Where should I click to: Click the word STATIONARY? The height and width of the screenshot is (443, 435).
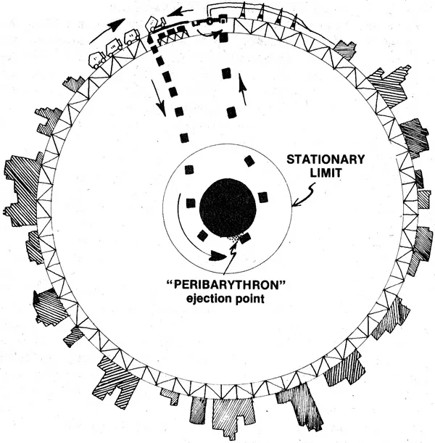coord(326,160)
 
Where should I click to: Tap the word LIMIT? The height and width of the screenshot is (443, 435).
coord(326,173)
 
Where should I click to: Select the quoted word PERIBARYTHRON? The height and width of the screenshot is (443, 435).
coord(225,285)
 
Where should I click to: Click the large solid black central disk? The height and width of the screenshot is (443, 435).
coord(228,209)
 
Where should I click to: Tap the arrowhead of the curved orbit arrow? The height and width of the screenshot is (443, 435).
coord(217,256)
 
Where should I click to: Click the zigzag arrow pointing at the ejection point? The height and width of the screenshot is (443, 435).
coord(231,257)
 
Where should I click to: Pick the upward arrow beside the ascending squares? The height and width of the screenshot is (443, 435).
coord(243,89)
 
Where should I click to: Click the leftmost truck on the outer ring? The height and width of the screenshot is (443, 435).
coord(97,60)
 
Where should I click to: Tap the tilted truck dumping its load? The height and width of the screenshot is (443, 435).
coord(155,24)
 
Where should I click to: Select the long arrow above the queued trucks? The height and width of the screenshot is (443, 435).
coord(107,30)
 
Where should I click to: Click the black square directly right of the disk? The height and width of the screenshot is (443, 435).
coord(263,197)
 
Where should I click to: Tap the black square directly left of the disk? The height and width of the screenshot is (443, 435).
coord(191,203)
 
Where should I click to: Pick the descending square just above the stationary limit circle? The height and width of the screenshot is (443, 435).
coord(184,138)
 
